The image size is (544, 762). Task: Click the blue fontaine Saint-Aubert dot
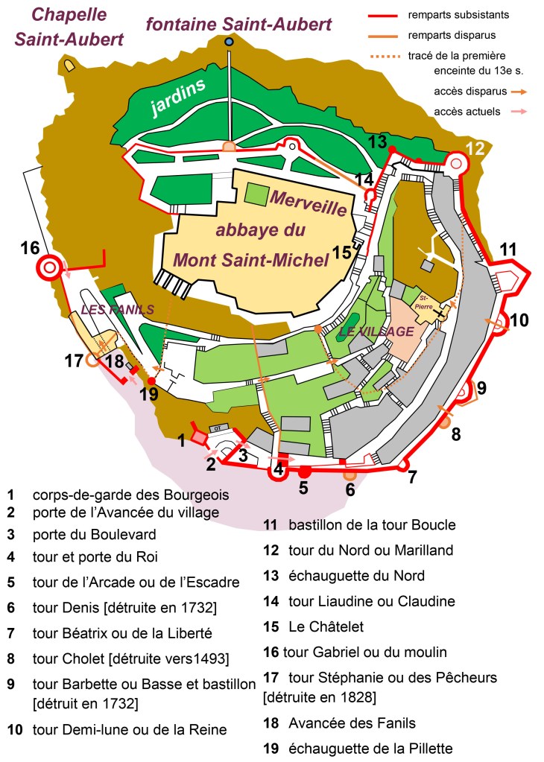click(230, 42)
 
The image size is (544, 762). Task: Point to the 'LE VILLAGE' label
click(376, 331)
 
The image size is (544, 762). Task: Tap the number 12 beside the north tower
click(475, 148)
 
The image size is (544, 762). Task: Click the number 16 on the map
click(30, 247)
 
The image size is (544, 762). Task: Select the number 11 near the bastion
click(507, 250)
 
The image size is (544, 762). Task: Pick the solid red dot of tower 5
click(304, 472)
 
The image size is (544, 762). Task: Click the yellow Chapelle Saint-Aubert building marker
click(70, 66)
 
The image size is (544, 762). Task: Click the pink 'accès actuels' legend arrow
click(519, 112)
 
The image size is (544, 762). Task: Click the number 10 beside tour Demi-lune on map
click(519, 320)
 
